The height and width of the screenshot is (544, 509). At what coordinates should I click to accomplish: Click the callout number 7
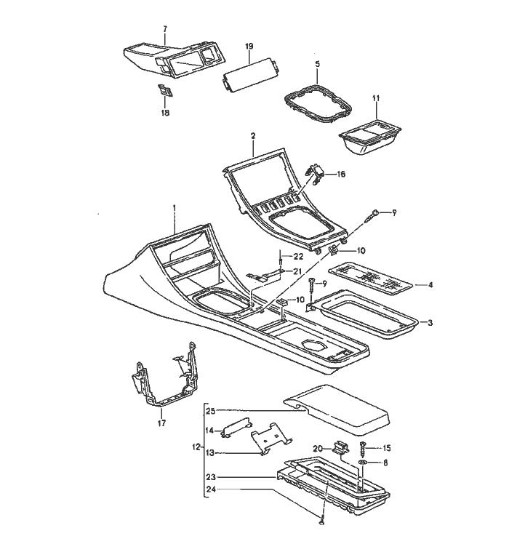(164, 29)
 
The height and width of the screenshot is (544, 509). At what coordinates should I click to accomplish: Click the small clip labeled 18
(164, 92)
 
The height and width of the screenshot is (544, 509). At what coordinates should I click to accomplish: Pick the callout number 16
(341, 175)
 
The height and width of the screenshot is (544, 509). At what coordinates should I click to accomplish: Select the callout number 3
(430, 321)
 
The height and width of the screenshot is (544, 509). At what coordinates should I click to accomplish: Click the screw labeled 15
(364, 449)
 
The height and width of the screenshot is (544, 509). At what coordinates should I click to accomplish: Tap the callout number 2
(252, 135)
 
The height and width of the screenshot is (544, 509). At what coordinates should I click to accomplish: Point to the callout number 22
(297, 257)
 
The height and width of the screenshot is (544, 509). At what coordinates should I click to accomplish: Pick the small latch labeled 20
(340, 447)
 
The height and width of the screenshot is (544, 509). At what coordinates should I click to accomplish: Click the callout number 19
(249, 47)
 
